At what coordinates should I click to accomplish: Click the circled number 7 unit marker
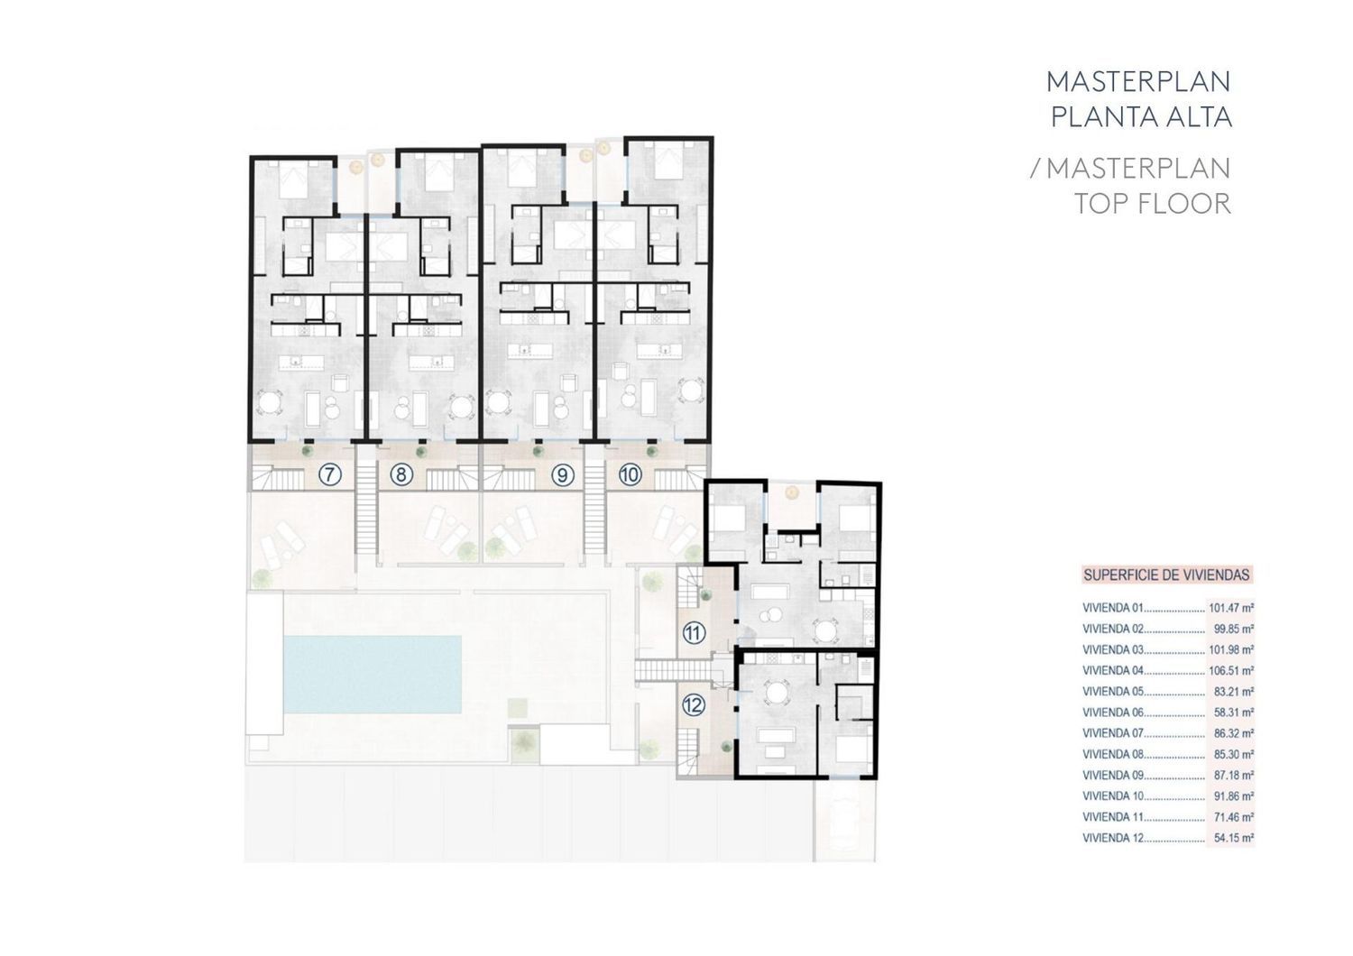[x=328, y=475]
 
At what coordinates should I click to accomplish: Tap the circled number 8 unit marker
[x=401, y=475]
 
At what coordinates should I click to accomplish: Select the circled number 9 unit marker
[x=562, y=475]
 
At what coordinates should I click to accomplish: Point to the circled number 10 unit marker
[x=630, y=475]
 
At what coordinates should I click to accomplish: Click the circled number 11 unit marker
[x=694, y=633]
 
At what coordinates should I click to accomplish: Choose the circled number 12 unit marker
[x=694, y=704]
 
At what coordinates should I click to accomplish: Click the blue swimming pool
[x=373, y=674]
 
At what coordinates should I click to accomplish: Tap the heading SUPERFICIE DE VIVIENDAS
[x=1166, y=575]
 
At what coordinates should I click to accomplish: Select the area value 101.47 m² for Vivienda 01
[x=1231, y=608]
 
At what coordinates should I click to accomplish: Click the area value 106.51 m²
[x=1231, y=670]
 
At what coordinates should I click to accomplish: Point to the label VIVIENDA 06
[x=1113, y=712]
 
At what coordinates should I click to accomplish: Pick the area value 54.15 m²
[x=1233, y=838]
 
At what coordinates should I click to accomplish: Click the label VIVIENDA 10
[x=1113, y=796]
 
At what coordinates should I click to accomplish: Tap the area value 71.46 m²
[x=1233, y=817]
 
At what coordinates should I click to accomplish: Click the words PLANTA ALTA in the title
[x=1142, y=117]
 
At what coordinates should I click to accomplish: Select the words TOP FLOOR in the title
[x=1153, y=204]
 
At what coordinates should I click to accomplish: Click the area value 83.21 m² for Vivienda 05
[x=1233, y=692]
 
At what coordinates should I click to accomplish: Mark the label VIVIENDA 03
[x=1113, y=650]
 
